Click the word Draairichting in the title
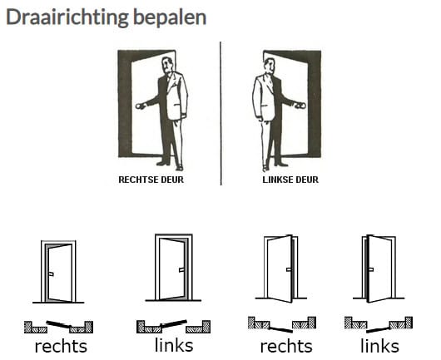(67, 17)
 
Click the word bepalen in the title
(170, 17)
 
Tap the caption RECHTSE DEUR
(151, 180)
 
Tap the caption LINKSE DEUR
(290, 180)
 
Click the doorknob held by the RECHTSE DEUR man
(140, 106)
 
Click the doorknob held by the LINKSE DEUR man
(300, 106)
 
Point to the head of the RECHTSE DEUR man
(167, 65)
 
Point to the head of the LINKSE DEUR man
(269, 66)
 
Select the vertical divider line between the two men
(220, 113)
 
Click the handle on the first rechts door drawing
(52, 274)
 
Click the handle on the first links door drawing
(181, 270)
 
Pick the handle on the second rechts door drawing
(289, 269)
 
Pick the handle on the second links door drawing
(370, 269)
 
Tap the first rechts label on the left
(61, 346)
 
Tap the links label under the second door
(174, 345)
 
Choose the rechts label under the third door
(286, 346)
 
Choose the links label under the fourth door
(380, 345)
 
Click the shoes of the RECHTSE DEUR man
(171, 165)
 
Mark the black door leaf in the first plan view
(59, 324)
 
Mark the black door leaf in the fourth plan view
(379, 329)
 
